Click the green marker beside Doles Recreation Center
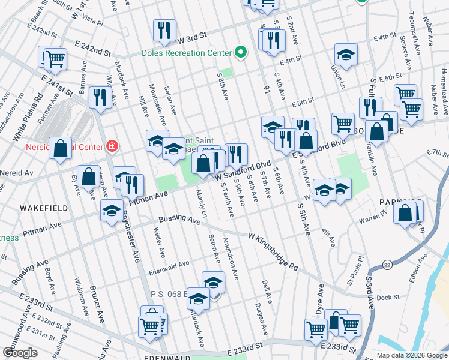(x=241, y=52)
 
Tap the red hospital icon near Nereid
(x=112, y=146)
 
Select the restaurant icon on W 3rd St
(x=164, y=31)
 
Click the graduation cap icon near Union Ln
(x=346, y=55)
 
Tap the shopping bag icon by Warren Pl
(x=406, y=212)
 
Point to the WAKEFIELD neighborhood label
(x=41, y=207)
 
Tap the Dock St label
(x=388, y=297)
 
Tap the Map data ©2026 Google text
(x=412, y=355)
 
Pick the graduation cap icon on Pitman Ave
(x=112, y=211)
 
